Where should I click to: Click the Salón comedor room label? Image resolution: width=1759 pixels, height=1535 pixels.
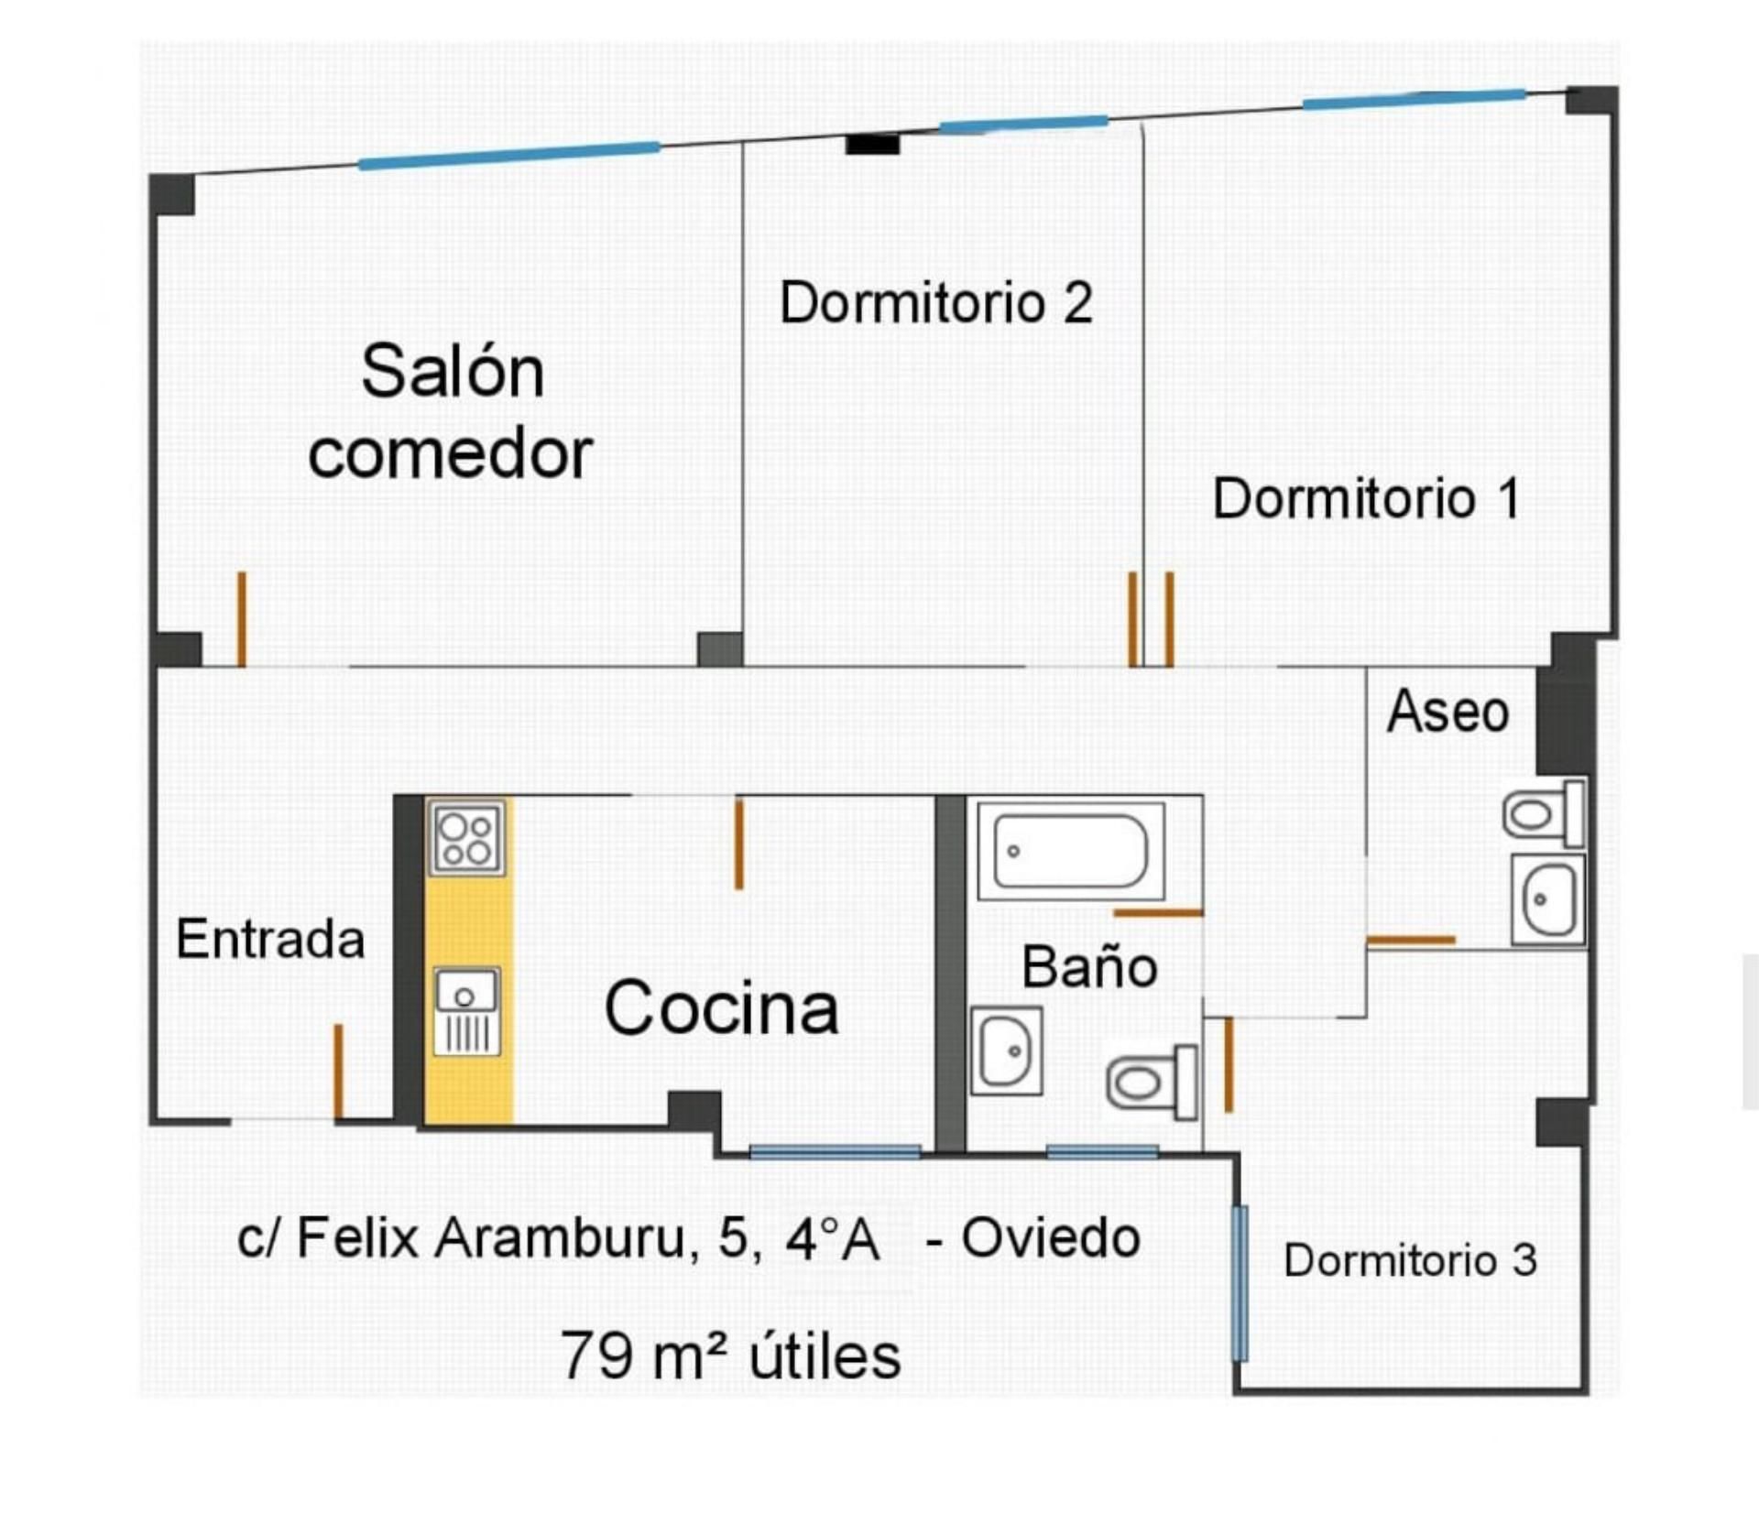[x=451, y=412]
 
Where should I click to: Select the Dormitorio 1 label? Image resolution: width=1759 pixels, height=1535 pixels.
[x=1366, y=498]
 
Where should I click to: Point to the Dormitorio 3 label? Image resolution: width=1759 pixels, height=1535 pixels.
[x=1409, y=1260]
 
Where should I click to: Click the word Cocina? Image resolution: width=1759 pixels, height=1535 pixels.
[x=721, y=1007]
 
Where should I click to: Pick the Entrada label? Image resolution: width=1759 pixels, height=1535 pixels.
[x=270, y=939]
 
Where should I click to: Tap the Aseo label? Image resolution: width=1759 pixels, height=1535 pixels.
[x=1448, y=712]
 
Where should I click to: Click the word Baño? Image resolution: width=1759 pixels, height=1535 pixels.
[x=1089, y=967]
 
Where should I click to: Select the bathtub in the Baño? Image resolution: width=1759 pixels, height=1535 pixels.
[x=1070, y=851]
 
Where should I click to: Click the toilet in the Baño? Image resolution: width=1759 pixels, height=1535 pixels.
[x=1151, y=1083]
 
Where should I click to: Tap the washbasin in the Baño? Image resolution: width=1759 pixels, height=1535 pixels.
[x=1006, y=1051]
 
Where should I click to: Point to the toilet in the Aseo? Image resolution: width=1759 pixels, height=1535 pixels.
[x=1544, y=813]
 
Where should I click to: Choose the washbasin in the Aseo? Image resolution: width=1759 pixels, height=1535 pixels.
[x=1547, y=899]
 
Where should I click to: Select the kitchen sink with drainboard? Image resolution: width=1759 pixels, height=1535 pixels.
[x=467, y=1011]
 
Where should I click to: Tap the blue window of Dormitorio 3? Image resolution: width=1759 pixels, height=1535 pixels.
[x=1240, y=1283]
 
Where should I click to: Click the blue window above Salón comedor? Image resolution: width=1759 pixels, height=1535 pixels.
[x=508, y=155]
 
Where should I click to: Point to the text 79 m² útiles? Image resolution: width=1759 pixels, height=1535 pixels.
[x=730, y=1356]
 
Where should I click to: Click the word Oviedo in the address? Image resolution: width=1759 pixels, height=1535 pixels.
[x=1050, y=1239]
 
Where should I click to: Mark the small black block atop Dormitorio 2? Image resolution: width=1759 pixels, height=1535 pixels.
[x=872, y=144]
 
